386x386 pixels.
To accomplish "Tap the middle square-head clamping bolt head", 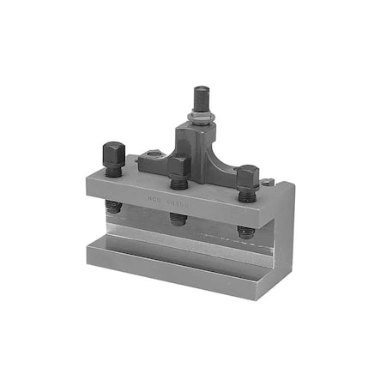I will point(178,165).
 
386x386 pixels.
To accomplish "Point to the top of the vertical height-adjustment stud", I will point(202,91).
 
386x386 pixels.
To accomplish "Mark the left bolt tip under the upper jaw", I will point(113,207).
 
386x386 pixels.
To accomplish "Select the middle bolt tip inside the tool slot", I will point(178,220).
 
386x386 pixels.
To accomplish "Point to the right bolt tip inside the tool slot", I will point(246,232).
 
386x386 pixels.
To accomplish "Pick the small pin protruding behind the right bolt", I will point(268,181).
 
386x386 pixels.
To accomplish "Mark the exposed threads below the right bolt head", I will point(247,195).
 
